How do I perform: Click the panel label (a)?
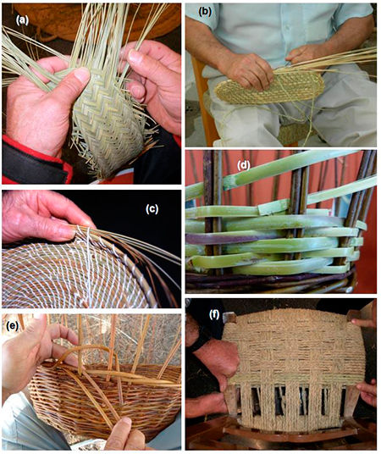pos(22,20)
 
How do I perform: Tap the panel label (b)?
pos(204,12)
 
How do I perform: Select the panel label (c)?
pos(152,209)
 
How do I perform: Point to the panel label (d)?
pos(244,166)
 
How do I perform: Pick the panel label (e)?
pos(12,326)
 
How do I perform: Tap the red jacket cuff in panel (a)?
pos(35,159)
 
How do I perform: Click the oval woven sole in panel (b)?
pos(268,86)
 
